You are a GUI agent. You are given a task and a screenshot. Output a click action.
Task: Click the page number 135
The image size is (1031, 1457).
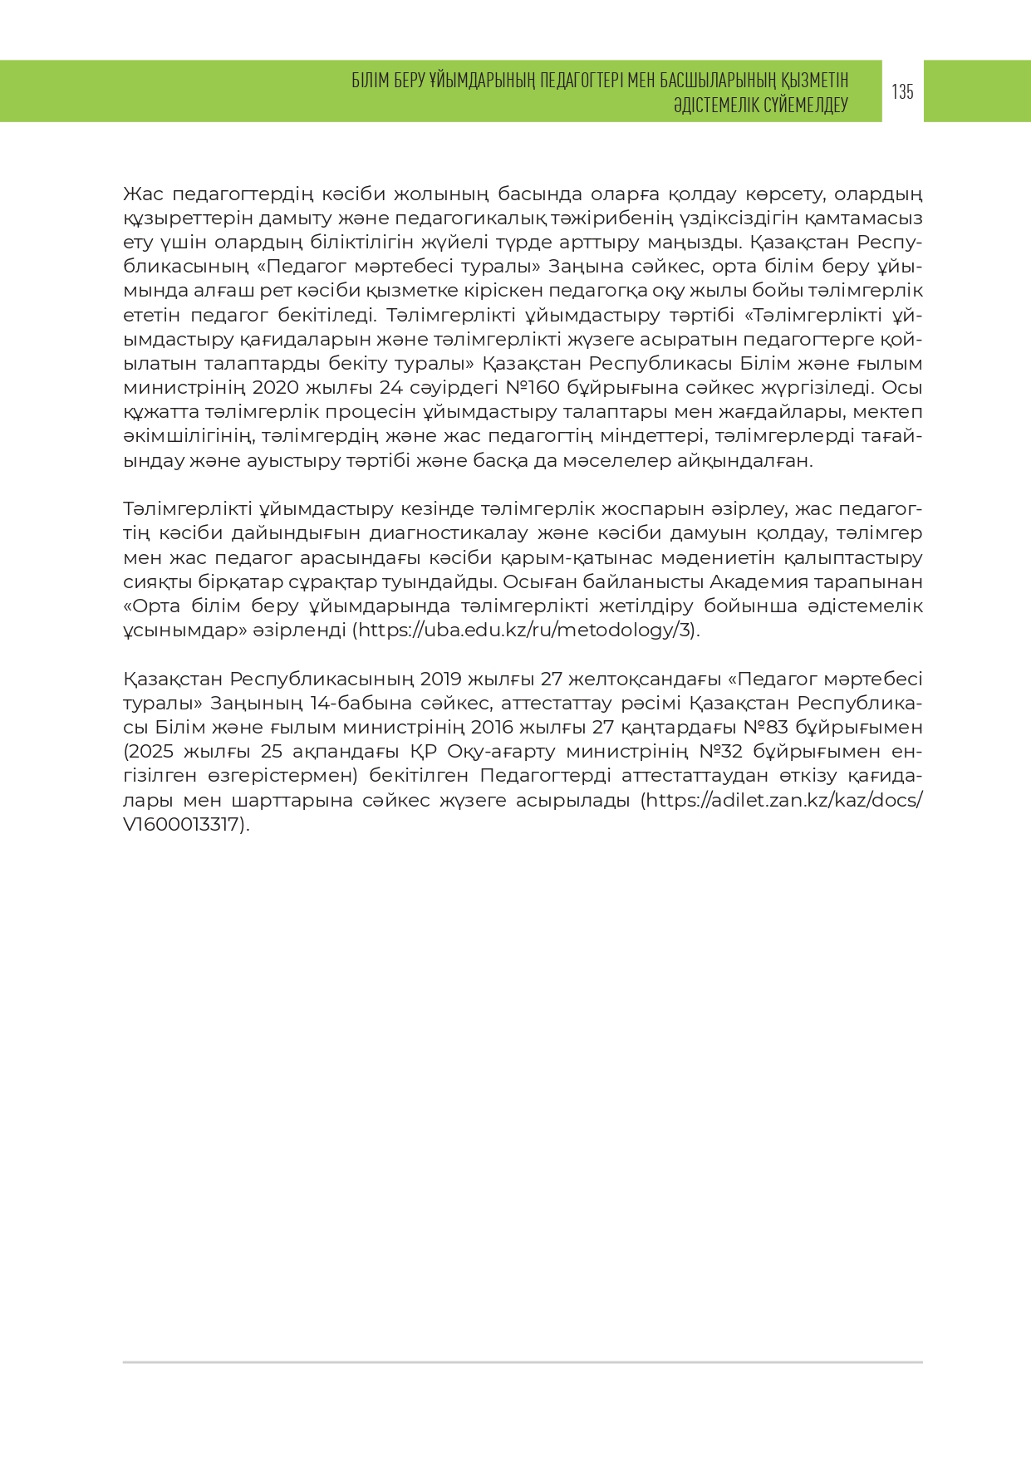pyautogui.click(x=902, y=91)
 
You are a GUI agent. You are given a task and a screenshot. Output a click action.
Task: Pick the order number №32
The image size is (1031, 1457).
pyautogui.click(x=724, y=752)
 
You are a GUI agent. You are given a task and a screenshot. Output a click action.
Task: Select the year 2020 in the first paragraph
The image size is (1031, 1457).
pyautogui.click(x=274, y=388)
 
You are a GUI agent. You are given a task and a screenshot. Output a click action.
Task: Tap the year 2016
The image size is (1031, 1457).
pyautogui.click(x=494, y=728)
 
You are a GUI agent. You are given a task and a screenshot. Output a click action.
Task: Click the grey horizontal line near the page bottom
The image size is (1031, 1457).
pyautogui.click(x=523, y=1362)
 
